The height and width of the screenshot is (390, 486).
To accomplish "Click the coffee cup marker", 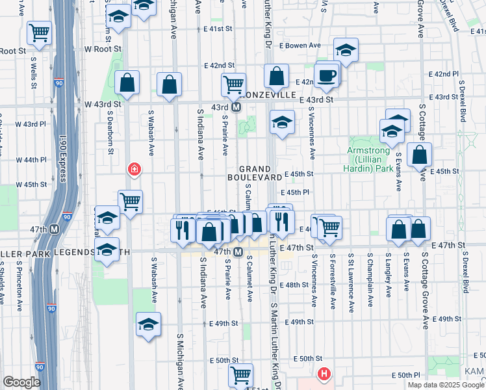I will [327, 75].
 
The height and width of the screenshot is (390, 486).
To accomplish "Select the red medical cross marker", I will [134, 170].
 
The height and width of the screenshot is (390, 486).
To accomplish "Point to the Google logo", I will [21, 382].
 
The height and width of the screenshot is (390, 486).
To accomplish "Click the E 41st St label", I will [218, 29].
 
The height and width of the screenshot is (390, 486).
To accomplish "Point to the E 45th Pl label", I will [295, 192].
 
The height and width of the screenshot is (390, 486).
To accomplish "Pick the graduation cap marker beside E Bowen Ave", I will [346, 49].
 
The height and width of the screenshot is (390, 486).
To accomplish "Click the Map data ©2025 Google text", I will [446, 385].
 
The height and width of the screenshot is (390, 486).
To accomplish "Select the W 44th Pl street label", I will [31, 159].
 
